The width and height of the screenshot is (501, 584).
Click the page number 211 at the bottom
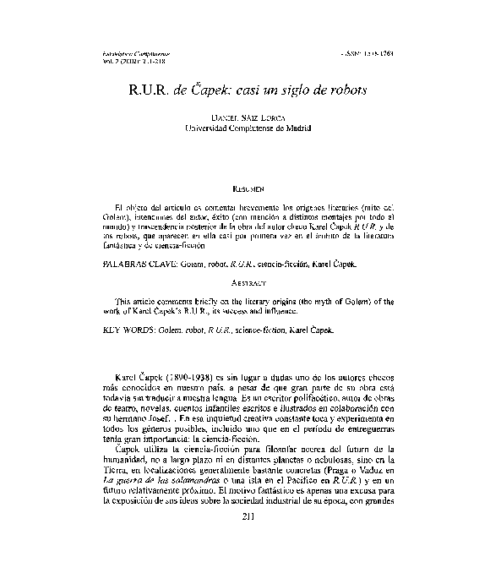tap(249, 517)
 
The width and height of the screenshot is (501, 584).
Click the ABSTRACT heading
tap(249, 282)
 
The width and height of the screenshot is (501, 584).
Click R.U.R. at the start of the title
tap(151, 88)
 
